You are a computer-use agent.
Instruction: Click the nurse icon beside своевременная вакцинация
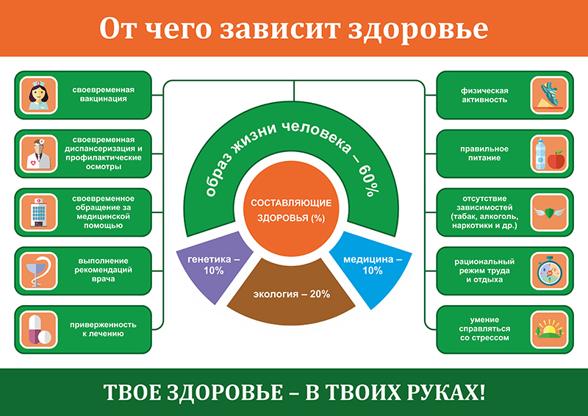click(39, 95)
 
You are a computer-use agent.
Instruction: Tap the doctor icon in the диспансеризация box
click(39, 154)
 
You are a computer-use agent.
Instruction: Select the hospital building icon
click(39, 212)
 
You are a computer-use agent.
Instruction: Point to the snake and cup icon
click(39, 270)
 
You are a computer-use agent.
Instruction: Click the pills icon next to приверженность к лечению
click(39, 329)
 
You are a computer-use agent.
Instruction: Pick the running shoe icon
click(549, 95)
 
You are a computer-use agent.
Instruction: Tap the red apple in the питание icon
click(556, 159)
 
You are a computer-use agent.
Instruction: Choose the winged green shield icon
click(549, 212)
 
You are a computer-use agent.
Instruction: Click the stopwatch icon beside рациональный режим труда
click(549, 270)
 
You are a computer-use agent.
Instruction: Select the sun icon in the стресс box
click(549, 329)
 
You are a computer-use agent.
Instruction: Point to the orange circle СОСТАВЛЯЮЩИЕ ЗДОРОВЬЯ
click(291, 209)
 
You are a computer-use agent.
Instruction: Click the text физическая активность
click(484, 96)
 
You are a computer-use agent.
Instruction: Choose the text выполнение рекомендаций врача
click(103, 270)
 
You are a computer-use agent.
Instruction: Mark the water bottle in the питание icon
click(540, 154)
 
